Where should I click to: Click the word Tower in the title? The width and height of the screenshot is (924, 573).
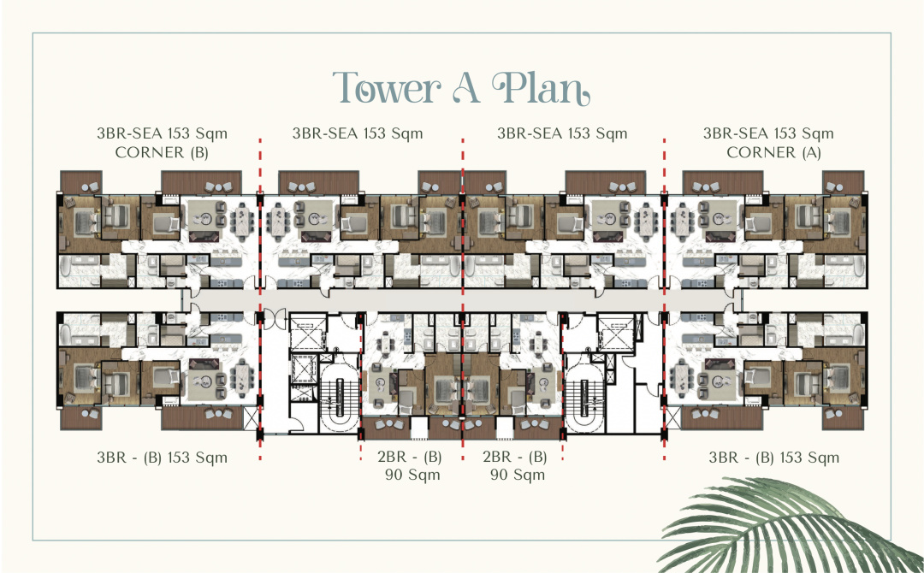[x=387, y=88]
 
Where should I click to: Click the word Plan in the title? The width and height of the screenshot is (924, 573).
[x=541, y=89]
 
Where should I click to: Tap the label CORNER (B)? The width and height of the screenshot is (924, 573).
[x=162, y=152]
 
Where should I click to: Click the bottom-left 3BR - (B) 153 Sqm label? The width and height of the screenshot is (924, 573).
[x=162, y=458]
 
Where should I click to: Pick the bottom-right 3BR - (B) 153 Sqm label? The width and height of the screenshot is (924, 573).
[x=773, y=458]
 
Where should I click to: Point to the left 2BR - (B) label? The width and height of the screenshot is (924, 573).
[x=410, y=457]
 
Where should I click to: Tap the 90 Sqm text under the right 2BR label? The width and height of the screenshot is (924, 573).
[x=518, y=475]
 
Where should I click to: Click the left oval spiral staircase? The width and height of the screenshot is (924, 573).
[x=339, y=398]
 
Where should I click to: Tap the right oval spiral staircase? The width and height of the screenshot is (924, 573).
[x=584, y=398]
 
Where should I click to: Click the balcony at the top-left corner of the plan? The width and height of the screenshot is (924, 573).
[x=81, y=182]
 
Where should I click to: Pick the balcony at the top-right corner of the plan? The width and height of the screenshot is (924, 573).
[x=844, y=182]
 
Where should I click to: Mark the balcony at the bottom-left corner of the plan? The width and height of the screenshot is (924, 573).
[x=81, y=417]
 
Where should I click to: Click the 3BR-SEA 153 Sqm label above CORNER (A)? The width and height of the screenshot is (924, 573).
[x=768, y=133]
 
